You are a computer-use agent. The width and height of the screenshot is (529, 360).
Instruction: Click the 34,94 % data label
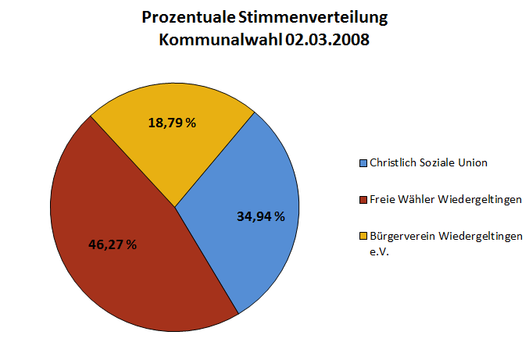tap(261, 216)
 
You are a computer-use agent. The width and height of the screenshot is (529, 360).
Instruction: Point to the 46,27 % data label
tap(113, 244)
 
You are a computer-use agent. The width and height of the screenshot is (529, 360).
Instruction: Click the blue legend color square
tap(363, 163)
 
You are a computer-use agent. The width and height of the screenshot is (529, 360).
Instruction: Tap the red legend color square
tap(363, 200)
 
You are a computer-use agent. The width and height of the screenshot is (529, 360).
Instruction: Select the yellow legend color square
tap(363, 236)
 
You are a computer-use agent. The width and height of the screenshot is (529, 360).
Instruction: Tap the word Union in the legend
tap(473, 163)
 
